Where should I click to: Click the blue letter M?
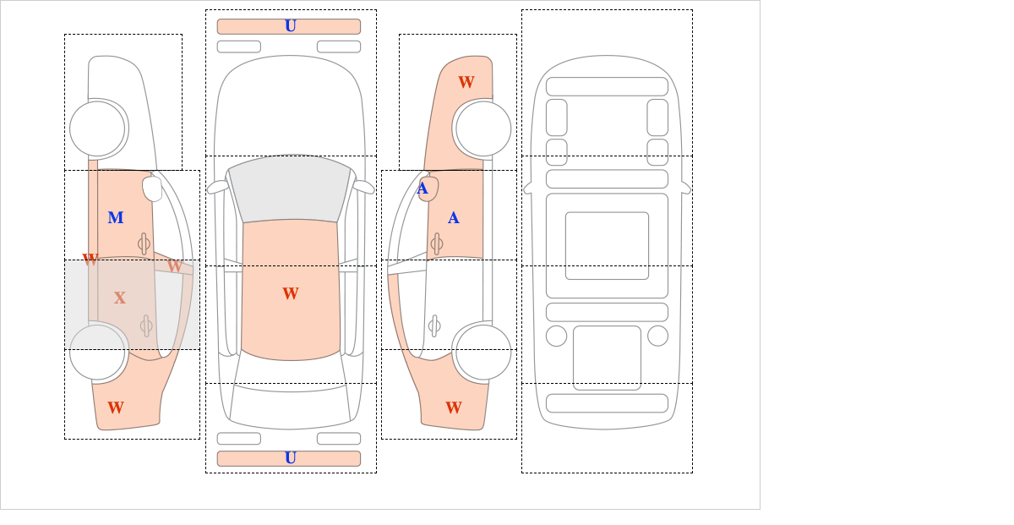tap(116, 218)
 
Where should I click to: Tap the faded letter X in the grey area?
tap(120, 298)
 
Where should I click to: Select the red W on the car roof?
tap(291, 293)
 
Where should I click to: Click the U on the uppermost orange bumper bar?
tap(290, 26)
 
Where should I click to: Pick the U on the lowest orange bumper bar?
tap(290, 458)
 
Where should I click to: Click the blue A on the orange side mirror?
tap(422, 189)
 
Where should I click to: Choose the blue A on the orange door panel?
tap(454, 218)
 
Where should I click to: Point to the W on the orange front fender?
tap(466, 82)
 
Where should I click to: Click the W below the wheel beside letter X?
tap(116, 407)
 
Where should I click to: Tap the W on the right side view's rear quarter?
tap(454, 407)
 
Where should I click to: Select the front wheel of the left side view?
tap(98, 129)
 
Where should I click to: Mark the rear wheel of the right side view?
tap(482, 352)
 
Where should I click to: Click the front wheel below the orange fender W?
tap(482, 129)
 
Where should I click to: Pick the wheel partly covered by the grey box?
tap(98, 352)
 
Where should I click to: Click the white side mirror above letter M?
tap(152, 189)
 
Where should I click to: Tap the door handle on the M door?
tap(144, 244)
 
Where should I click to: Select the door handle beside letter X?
tap(146, 325)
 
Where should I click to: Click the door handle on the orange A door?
tap(436, 244)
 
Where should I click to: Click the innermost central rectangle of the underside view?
tap(607, 245)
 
